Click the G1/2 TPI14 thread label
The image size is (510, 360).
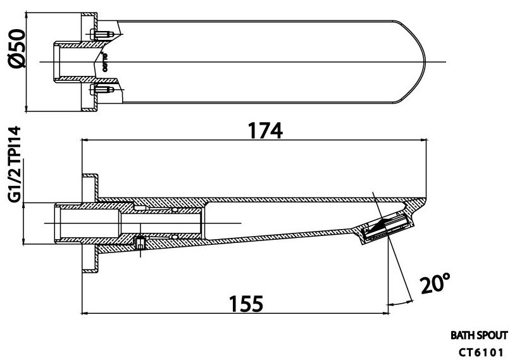click(15, 163)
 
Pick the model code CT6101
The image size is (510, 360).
click(480, 351)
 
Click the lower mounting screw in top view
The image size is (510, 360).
click(100, 90)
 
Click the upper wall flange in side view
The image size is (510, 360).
click(89, 187)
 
